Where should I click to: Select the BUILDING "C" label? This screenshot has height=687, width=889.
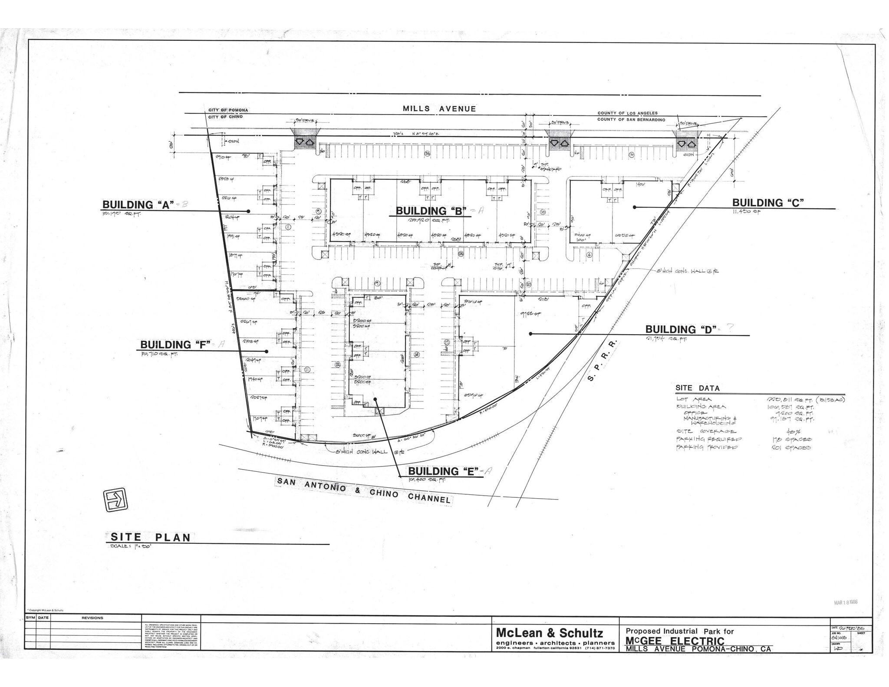pyautogui.click(x=768, y=203)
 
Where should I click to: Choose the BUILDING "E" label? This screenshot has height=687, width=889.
pyautogui.click(x=443, y=471)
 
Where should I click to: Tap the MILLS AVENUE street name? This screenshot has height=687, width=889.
pyautogui.click(x=439, y=109)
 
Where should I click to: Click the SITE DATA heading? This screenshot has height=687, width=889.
pyautogui.click(x=697, y=388)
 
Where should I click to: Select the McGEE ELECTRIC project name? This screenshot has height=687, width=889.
pyautogui.click(x=675, y=641)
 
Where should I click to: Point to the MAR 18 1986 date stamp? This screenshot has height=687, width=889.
pyautogui.click(x=846, y=602)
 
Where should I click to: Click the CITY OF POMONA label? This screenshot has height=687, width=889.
pyautogui.click(x=228, y=110)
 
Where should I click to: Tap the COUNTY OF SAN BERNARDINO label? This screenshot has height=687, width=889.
pyautogui.click(x=631, y=119)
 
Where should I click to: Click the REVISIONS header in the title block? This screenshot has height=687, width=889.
pyautogui.click(x=92, y=618)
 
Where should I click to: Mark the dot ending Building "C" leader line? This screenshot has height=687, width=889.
pyautogui.click(x=634, y=207)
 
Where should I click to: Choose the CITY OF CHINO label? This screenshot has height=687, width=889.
pyautogui.click(x=225, y=117)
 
